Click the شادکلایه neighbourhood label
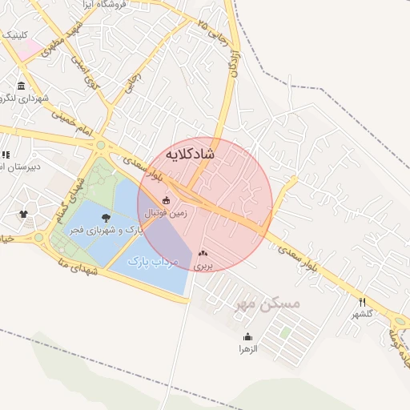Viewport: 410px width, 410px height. coord(190,153)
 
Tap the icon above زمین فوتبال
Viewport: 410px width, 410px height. coord(166,200)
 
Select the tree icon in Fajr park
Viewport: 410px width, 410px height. coord(105,217)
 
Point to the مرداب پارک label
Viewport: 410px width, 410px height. coord(151,262)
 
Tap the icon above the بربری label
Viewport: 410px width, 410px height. coord(202,252)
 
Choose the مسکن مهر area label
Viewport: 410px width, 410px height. coord(267,304)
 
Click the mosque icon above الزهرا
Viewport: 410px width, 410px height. coord(247,336)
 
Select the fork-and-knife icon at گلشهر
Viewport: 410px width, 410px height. coord(362,302)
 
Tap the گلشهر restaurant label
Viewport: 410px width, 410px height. coord(362,314)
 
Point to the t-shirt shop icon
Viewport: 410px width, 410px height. coord(23,214)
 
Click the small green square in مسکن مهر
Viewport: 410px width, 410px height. coord(285,332)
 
